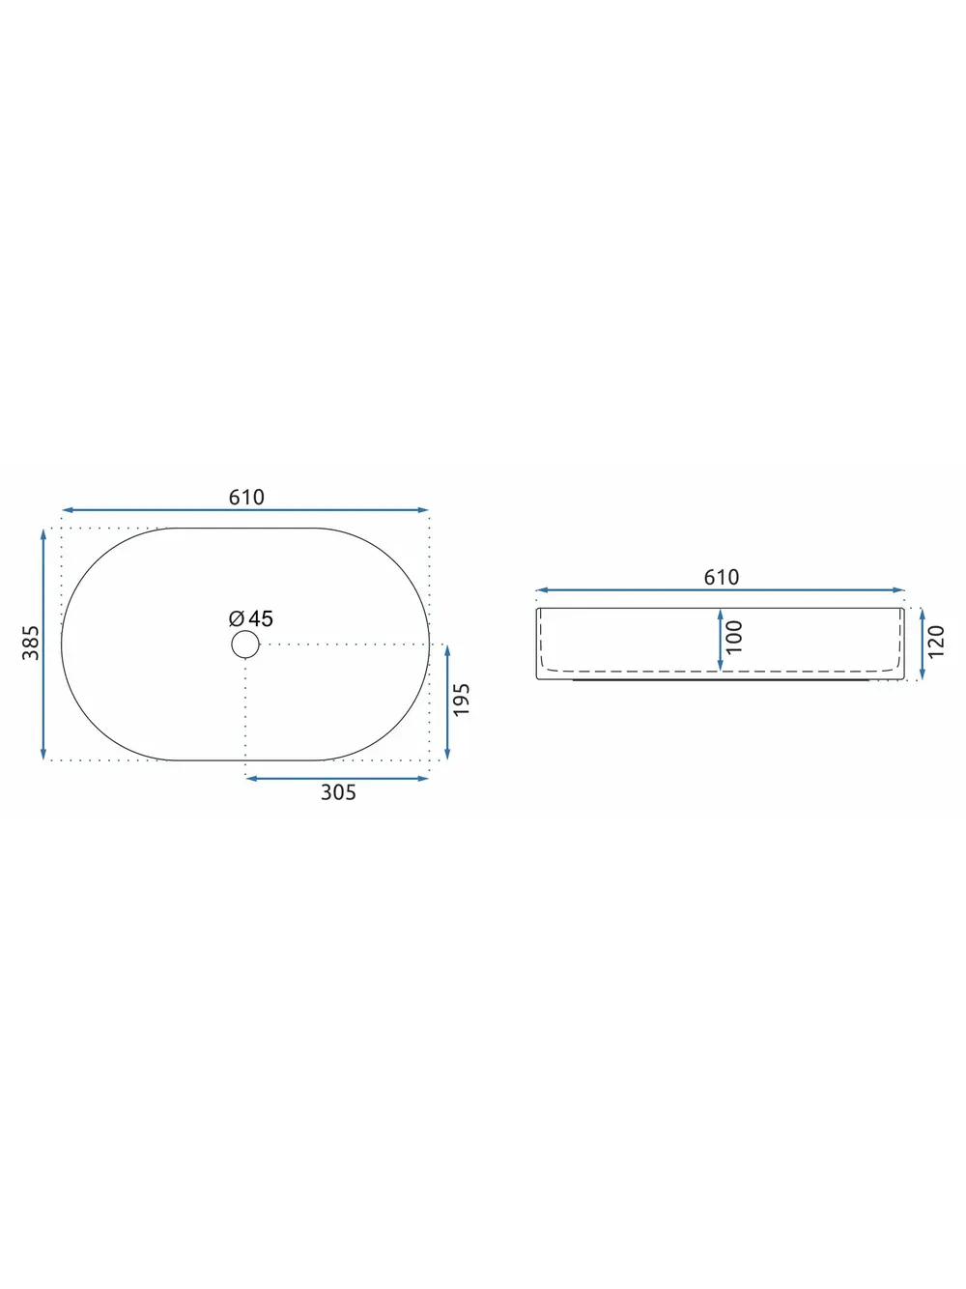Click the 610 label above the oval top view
tap(246, 498)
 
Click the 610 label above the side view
tap(722, 577)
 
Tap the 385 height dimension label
tap(31, 643)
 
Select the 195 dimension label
tap(462, 699)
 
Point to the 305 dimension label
tap(338, 792)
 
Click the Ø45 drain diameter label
tap(251, 618)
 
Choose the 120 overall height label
tap(937, 642)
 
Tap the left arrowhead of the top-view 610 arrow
tap(67, 510)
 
